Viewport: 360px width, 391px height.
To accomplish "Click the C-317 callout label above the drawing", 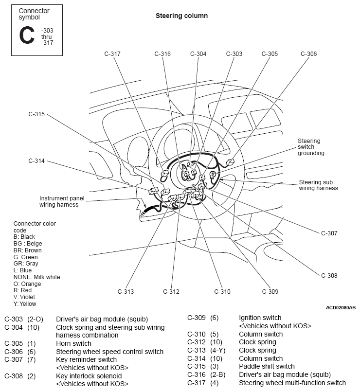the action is click(x=112, y=54).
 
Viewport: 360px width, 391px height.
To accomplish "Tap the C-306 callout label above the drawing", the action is click(x=308, y=54).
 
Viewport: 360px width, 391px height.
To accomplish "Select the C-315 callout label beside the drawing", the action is click(x=36, y=114).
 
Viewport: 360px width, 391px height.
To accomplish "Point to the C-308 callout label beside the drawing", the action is click(x=329, y=276).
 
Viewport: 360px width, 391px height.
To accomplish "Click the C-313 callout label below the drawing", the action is click(x=126, y=291).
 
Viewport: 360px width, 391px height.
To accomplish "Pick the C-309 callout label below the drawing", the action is click(x=270, y=291).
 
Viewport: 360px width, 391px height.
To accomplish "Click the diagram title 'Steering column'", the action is click(x=181, y=16).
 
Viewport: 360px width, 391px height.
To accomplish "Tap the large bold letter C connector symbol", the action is click(x=27, y=35).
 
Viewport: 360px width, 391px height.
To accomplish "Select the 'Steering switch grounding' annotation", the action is click(x=311, y=147).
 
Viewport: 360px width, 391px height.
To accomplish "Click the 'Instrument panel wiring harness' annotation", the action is click(x=62, y=201).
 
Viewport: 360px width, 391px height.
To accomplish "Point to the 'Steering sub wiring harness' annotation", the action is click(x=318, y=185).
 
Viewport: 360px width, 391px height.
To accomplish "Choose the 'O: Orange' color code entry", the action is click(x=27, y=284).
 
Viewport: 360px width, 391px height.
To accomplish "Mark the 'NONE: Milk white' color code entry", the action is click(x=36, y=277).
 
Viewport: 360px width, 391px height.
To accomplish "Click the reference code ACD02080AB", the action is click(x=341, y=308).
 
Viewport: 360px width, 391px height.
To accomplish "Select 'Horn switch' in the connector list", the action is click(x=73, y=343).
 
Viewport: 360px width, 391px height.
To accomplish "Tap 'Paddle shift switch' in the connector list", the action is click(x=267, y=366).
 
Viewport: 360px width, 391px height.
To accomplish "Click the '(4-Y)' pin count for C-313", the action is click(x=217, y=350).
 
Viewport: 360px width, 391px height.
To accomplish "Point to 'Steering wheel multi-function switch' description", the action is click(x=292, y=383).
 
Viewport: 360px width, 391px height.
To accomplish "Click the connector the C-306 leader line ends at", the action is click(x=230, y=162).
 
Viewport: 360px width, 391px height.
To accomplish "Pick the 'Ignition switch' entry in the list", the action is click(x=260, y=318).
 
